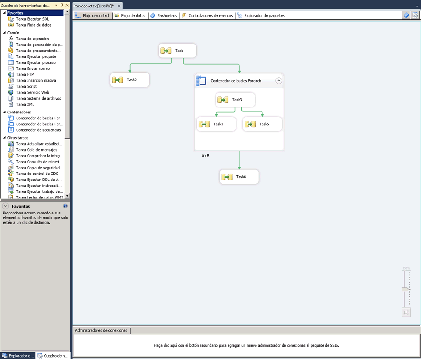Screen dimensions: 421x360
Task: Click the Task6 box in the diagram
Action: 239,176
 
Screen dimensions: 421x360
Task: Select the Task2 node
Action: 130,80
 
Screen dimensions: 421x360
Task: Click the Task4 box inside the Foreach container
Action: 216,124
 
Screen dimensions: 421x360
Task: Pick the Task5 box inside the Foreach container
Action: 262,124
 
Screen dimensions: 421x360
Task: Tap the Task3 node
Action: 235,100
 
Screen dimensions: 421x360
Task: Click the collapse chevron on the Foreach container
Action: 279,80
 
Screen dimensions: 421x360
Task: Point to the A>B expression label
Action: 205,156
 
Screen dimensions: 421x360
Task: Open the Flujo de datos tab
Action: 130,16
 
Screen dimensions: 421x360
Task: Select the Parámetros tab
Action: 164,16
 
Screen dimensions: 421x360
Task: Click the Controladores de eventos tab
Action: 208,16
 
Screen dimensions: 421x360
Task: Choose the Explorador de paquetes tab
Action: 261,16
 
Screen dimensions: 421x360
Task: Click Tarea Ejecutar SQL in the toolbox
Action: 33,19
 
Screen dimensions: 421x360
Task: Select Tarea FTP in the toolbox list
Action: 25,74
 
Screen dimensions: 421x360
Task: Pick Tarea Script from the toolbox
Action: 26,86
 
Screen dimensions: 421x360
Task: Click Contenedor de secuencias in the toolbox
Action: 39,130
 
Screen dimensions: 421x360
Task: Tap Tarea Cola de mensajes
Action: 36,150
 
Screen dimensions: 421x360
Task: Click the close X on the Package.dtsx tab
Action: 119,6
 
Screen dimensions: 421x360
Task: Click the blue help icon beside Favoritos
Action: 65,206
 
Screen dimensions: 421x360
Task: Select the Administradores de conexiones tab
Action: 101,330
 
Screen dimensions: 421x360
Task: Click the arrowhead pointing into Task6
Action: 239,168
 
